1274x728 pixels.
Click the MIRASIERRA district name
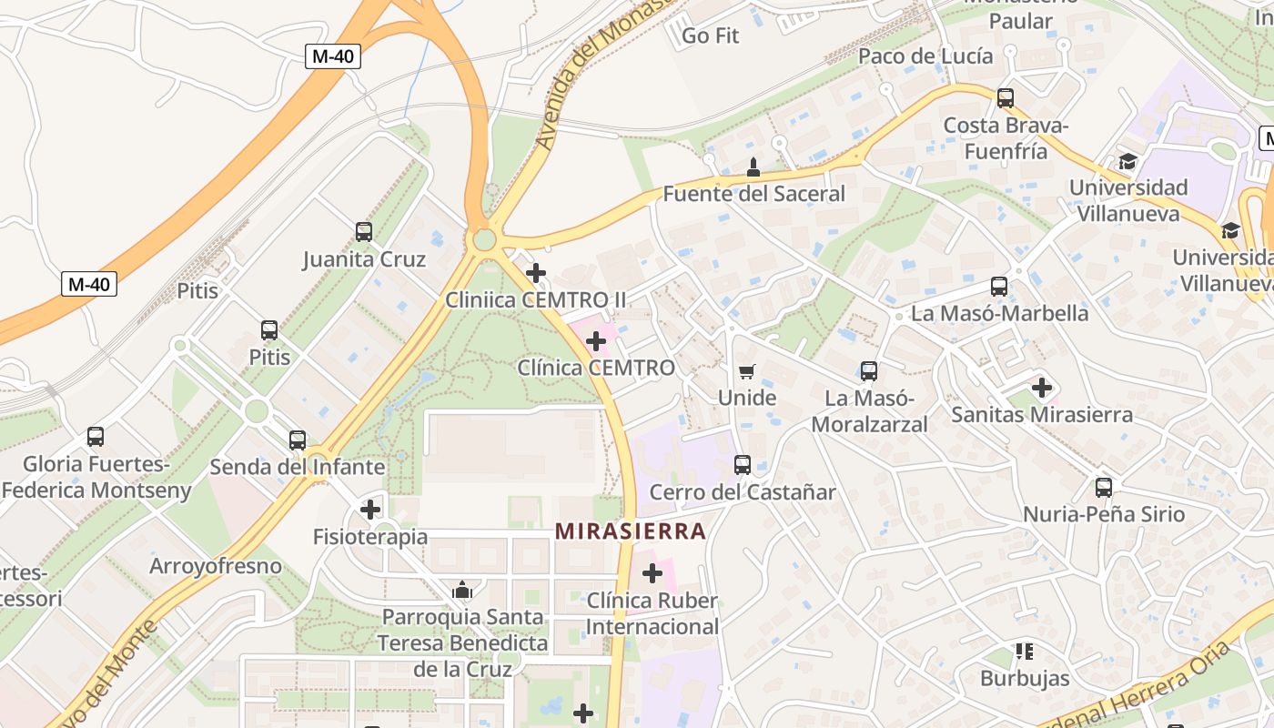pos(631,531)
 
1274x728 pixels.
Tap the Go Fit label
pos(710,36)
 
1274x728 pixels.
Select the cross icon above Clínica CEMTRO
pos(596,341)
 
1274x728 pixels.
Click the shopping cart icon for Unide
pos(747,371)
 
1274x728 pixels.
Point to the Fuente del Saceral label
pos(753,194)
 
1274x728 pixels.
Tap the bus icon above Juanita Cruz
pos(364,232)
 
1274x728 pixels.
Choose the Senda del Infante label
pos(298,467)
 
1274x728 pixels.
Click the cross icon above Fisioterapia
pos(370,509)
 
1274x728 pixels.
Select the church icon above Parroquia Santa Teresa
pos(462,591)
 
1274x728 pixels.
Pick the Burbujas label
pos(1025,678)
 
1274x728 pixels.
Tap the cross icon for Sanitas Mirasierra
pos(1042,388)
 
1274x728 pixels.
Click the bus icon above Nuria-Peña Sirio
pos(1104,488)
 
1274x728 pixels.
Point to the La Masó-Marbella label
pos(999,314)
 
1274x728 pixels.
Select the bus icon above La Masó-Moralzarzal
pos(869,371)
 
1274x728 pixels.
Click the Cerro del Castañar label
pos(742,492)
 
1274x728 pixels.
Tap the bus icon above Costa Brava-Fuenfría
pos(1006,98)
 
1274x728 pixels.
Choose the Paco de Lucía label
pos(925,56)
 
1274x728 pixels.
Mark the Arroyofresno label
pos(216,566)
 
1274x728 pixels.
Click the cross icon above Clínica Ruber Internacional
pos(652,573)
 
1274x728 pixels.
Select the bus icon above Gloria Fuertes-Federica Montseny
pos(96,437)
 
